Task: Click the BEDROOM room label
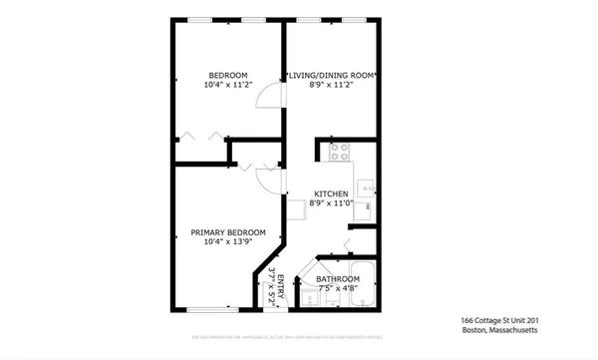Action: [227, 75]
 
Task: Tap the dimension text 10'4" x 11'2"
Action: [227, 86]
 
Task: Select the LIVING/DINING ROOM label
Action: [331, 75]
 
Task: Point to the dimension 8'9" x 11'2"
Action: [331, 86]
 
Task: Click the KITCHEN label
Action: [331, 192]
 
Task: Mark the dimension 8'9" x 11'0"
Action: [331, 203]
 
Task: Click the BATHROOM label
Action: [338, 279]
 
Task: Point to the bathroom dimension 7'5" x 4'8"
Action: [338, 289]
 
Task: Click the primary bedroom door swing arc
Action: [267, 178]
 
